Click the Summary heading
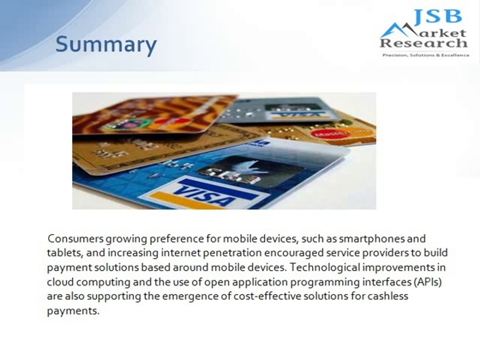coord(106,44)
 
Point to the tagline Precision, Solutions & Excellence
coord(425,55)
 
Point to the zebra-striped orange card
coord(150,112)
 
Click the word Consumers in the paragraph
coord(75,238)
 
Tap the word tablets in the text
coord(64,253)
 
